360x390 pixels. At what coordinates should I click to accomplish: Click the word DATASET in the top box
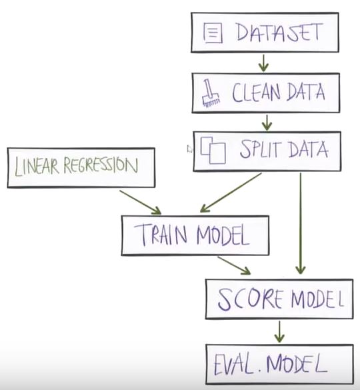point(279,33)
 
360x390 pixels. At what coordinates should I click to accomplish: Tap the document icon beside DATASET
point(213,33)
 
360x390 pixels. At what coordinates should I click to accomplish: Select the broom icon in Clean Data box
point(211,93)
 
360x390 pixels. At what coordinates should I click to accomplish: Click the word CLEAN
point(256,93)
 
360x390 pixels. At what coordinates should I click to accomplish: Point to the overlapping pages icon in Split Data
point(213,150)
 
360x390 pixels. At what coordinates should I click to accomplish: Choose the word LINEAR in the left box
point(37,166)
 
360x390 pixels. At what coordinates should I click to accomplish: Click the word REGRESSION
point(101,165)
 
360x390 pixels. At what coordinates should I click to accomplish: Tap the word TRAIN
point(161,235)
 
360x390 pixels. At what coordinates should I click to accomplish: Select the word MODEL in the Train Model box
point(223,235)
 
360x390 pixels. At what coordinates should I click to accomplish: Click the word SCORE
point(250,299)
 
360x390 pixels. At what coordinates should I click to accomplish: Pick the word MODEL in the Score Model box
point(318,299)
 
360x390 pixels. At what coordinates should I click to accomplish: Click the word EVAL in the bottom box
point(234,365)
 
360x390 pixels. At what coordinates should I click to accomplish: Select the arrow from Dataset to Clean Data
point(263,63)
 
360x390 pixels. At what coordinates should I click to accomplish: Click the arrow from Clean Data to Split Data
point(267,123)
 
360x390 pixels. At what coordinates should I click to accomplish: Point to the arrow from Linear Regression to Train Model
point(140,202)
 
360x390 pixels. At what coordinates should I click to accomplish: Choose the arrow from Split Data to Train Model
point(231,193)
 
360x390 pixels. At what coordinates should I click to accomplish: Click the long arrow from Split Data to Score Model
point(301,223)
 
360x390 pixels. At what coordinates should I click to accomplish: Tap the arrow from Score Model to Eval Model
point(279,331)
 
